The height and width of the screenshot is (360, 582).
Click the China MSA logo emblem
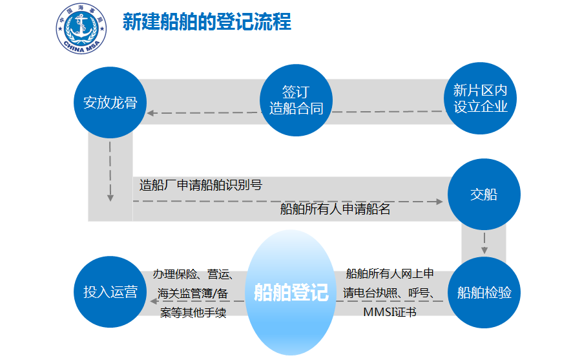coord(81,28)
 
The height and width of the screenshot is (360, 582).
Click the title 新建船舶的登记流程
coord(207,21)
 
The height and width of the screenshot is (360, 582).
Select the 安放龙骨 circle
coord(110,103)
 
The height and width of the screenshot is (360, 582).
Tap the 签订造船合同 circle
coord(296,100)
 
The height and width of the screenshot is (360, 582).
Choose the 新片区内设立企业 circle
coord(481,98)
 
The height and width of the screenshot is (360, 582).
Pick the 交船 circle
coord(484,195)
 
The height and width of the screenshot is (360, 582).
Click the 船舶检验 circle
coord(484,292)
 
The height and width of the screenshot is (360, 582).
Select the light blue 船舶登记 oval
coord(291,292)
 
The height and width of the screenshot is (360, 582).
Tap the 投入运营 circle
coord(110,291)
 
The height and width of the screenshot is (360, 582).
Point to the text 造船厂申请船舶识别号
coord(201,185)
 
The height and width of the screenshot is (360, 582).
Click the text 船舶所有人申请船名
coord(335,209)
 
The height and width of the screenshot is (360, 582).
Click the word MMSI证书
coord(390,312)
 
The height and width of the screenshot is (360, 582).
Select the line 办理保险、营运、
coord(193,274)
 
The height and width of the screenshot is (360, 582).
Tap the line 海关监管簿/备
coord(192,293)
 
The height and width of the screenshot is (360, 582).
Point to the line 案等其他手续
coord(193,312)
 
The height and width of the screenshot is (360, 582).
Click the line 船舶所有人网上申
coord(390,273)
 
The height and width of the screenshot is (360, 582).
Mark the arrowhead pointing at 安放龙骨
coord(151,113)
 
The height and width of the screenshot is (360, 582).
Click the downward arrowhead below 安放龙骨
coord(110,198)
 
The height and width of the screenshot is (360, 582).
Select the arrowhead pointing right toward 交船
coord(440,202)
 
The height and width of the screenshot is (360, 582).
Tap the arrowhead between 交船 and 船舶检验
coord(484,250)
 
